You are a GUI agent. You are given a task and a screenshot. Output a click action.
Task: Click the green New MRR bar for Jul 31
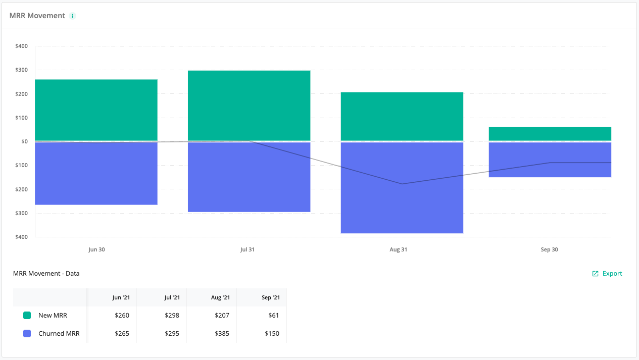pos(249,105)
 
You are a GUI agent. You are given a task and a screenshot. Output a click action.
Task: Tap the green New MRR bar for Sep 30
pos(550,134)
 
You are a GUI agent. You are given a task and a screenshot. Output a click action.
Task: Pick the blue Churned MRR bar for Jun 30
pos(96,173)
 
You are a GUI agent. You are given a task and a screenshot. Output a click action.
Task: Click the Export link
pos(607,274)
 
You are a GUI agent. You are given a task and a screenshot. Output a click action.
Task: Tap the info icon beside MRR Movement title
pos(73,16)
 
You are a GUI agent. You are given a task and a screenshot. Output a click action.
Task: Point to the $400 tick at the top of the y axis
pos(21,46)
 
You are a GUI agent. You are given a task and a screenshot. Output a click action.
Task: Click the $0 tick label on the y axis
pos(24,141)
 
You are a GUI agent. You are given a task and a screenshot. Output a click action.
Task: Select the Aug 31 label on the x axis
pos(398,250)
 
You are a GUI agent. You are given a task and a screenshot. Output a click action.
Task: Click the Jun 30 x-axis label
pos(96,250)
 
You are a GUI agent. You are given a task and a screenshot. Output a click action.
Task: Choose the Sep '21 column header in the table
pos(270,297)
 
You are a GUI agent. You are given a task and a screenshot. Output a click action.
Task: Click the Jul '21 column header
pos(172,297)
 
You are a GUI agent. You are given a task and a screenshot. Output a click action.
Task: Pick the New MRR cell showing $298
pos(172,316)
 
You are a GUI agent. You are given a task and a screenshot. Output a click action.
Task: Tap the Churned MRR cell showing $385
pos(221,334)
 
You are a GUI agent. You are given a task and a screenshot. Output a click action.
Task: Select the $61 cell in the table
pos(273,316)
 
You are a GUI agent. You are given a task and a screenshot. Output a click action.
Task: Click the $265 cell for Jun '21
pos(122,334)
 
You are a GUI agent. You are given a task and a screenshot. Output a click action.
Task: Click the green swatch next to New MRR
pos(27,316)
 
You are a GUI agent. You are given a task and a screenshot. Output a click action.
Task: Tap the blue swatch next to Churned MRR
pos(27,334)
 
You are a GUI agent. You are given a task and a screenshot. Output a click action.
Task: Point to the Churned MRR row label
pos(59,334)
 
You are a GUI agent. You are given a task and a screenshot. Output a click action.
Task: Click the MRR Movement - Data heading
pos(46,274)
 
